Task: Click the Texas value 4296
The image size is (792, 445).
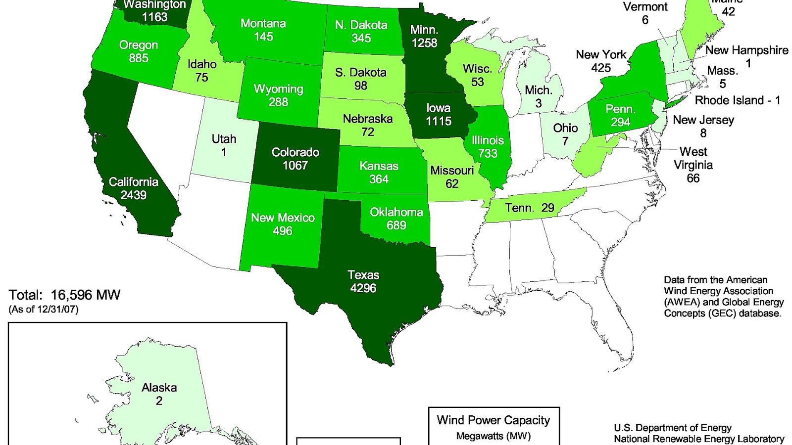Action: click(363, 288)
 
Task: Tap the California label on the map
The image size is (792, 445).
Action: click(134, 182)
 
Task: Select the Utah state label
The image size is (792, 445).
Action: click(224, 139)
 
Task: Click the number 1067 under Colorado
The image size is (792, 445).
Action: click(295, 166)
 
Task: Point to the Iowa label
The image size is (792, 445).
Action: click(439, 108)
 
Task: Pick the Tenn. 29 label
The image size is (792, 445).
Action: click(530, 208)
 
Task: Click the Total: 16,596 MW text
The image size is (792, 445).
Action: click(64, 295)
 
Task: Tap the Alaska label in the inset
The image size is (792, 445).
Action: click(159, 388)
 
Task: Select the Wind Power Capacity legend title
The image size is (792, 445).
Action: click(493, 420)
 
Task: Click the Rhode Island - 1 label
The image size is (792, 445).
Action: click(737, 100)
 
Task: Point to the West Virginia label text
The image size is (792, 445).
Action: click(693, 158)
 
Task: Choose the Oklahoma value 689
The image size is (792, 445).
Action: click(396, 225)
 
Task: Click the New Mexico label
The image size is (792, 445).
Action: click(283, 218)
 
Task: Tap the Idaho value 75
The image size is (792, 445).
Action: click(201, 78)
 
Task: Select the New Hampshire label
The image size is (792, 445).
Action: click(746, 50)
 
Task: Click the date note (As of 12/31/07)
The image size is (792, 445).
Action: click(44, 310)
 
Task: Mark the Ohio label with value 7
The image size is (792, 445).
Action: click(565, 134)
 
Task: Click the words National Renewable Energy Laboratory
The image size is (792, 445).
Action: click(698, 439)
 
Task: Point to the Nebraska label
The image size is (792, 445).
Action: click(367, 119)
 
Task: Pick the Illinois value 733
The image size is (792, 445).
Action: click(488, 153)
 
